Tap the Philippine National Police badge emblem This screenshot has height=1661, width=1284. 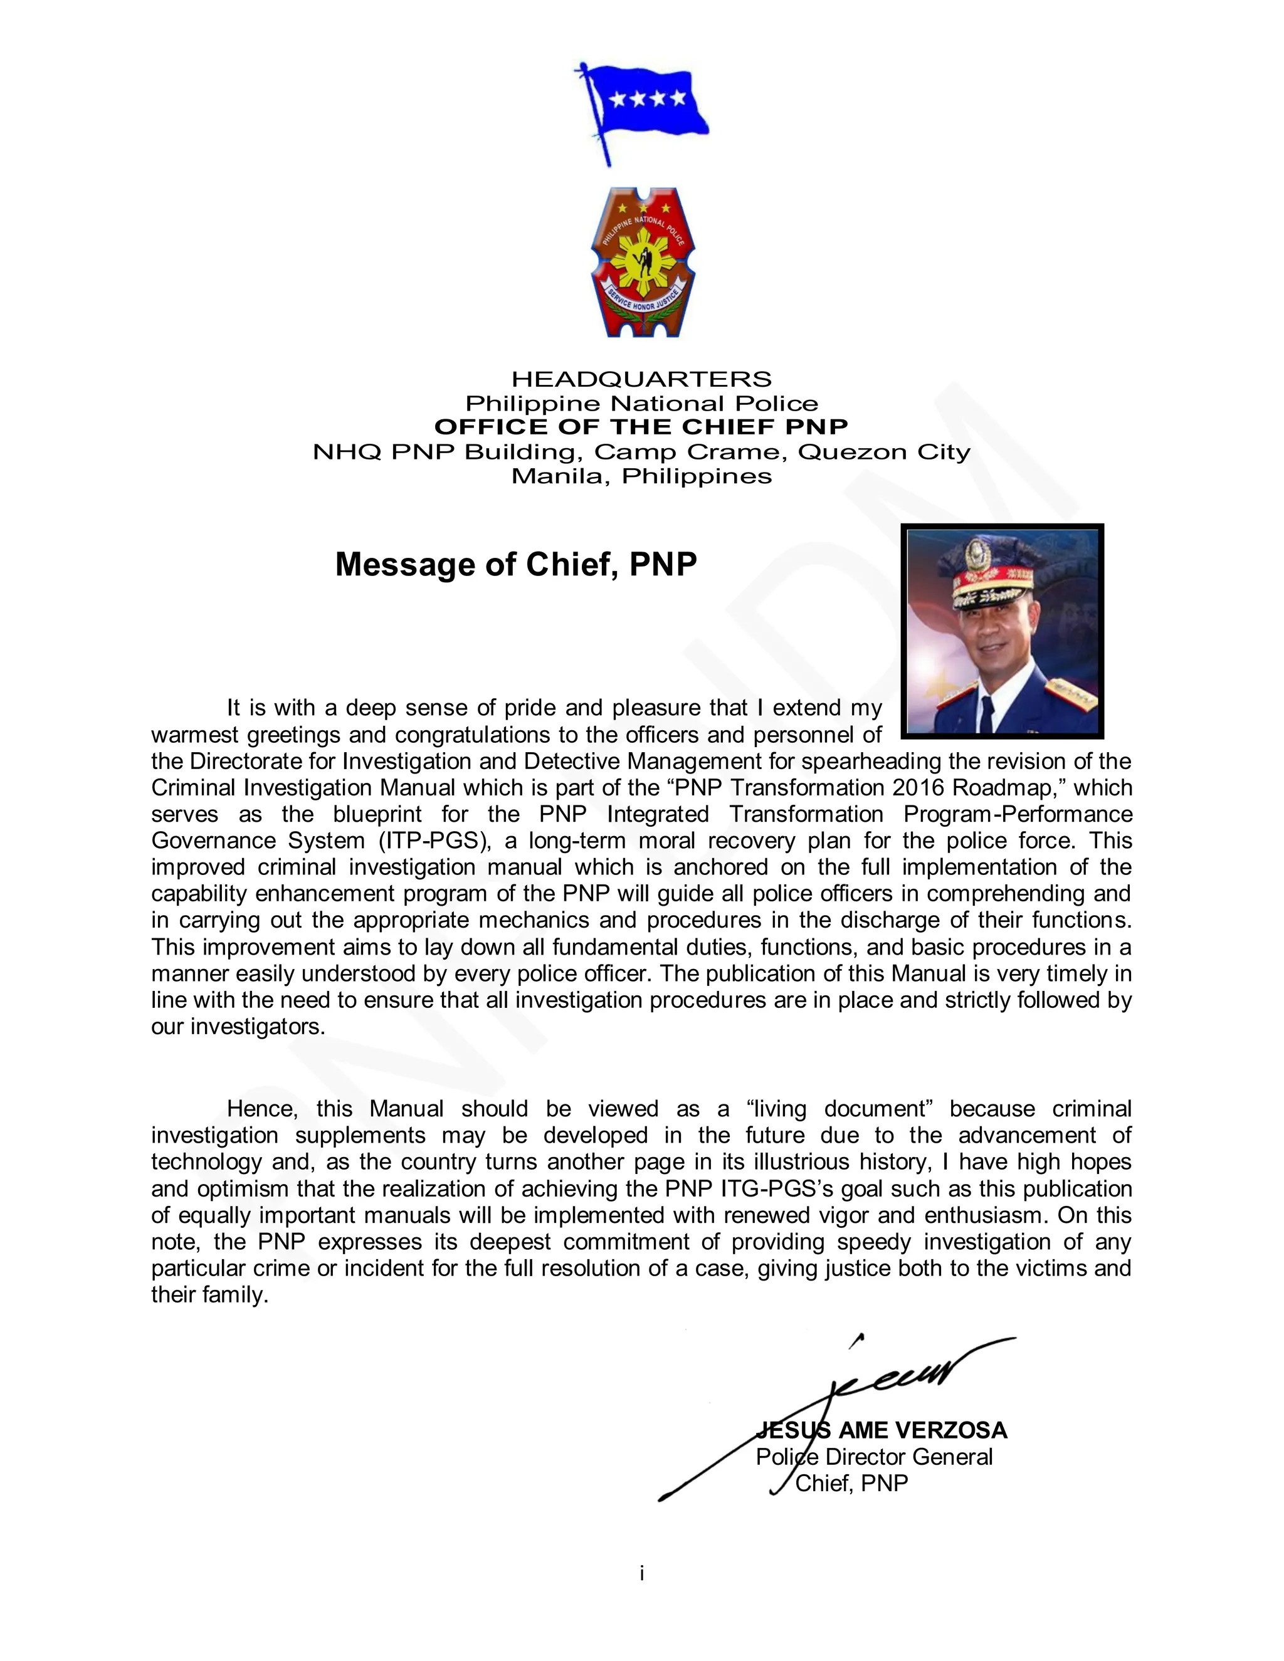pos(643,263)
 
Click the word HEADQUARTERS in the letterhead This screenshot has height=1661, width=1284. pos(641,379)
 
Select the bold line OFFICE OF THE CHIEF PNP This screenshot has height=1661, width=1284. pos(641,427)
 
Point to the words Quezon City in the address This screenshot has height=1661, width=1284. pos(884,452)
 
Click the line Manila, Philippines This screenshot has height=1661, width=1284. pos(641,476)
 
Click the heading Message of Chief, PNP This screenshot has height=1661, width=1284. pos(516,564)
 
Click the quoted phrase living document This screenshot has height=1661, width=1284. pos(839,1109)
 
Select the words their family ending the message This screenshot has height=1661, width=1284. pos(209,1295)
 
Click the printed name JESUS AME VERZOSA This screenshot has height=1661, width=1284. pos(881,1430)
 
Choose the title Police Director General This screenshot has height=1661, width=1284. pos(874,1457)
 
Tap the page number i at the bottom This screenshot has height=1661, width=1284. pos(642,1573)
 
